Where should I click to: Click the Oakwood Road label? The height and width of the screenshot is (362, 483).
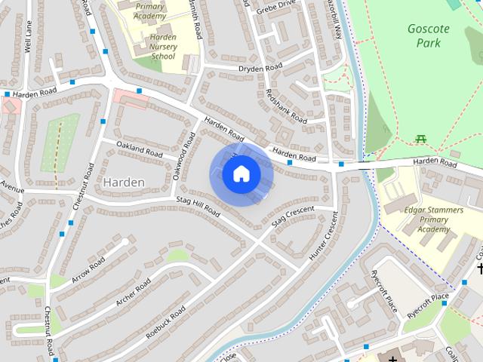pos(183,156)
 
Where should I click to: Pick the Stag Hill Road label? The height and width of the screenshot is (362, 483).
pos(197,207)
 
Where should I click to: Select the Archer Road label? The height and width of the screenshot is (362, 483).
pos(134,293)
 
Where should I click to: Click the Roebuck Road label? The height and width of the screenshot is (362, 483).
pos(167,321)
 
